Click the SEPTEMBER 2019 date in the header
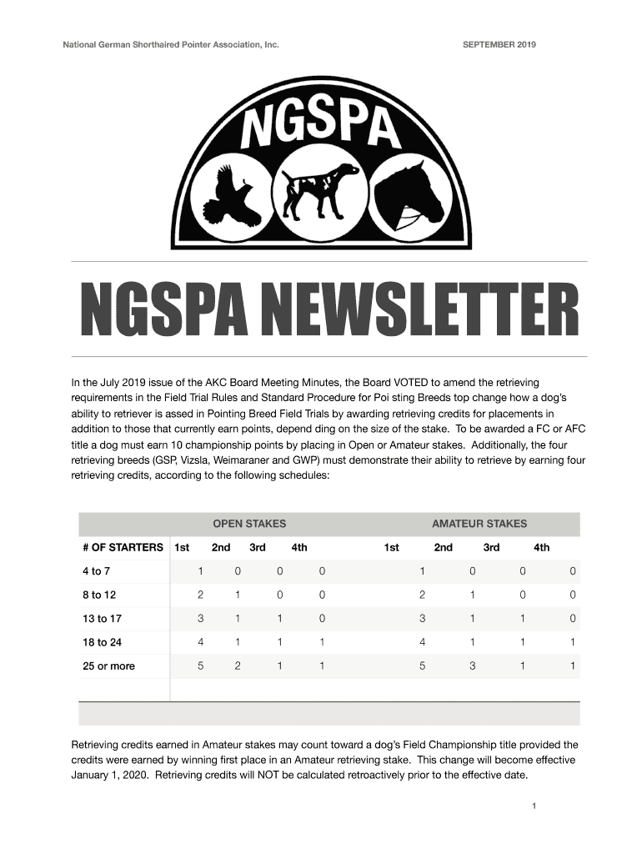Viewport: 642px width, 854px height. point(499,44)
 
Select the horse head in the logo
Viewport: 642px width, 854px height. point(409,193)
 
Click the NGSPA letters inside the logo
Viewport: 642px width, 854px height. point(320,128)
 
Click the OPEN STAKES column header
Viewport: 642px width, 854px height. point(249,524)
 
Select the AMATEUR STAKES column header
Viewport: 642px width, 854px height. point(479,524)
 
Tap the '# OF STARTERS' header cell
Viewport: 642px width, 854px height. point(123,547)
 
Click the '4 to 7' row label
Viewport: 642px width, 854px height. point(97,571)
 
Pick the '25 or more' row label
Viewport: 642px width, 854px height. point(108,666)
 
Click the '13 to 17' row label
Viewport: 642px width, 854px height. point(102,619)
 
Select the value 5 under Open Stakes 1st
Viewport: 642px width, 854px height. point(200,666)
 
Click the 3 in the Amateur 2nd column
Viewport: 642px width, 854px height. point(472,666)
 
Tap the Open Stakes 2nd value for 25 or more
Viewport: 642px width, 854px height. point(238,666)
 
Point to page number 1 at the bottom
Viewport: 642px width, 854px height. point(533,806)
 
